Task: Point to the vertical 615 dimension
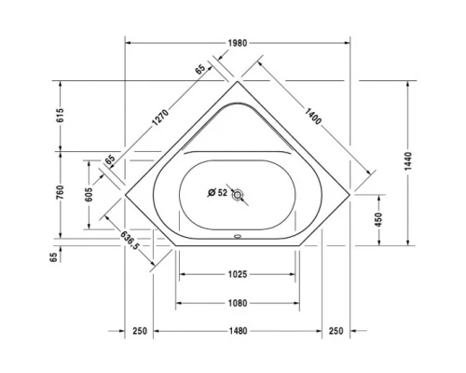click(x=59, y=116)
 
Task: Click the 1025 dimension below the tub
click(x=237, y=274)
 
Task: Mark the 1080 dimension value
click(x=237, y=302)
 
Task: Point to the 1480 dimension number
click(x=237, y=331)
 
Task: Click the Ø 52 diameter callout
click(x=216, y=194)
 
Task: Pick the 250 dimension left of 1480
click(x=140, y=331)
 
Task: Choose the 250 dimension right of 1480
click(x=336, y=331)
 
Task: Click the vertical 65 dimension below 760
click(x=54, y=254)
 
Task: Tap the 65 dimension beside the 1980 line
click(x=200, y=69)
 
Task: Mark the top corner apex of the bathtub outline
click(x=238, y=82)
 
